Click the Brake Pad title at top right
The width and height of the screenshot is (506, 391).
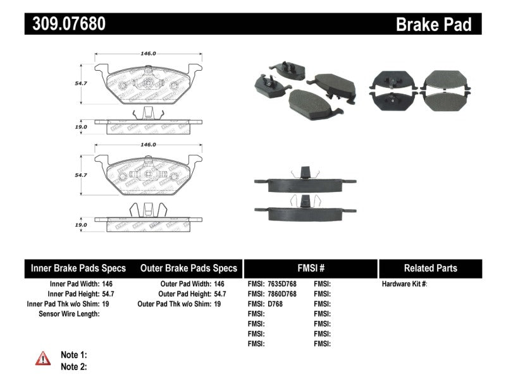[x=433, y=25]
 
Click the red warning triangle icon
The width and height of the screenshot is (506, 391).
[x=43, y=359]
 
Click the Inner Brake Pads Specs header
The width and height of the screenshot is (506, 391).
[x=78, y=268]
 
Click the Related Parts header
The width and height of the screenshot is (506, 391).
[x=430, y=268]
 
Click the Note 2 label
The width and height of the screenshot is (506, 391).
[x=73, y=366]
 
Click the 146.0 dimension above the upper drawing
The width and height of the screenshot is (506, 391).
[x=147, y=54]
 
